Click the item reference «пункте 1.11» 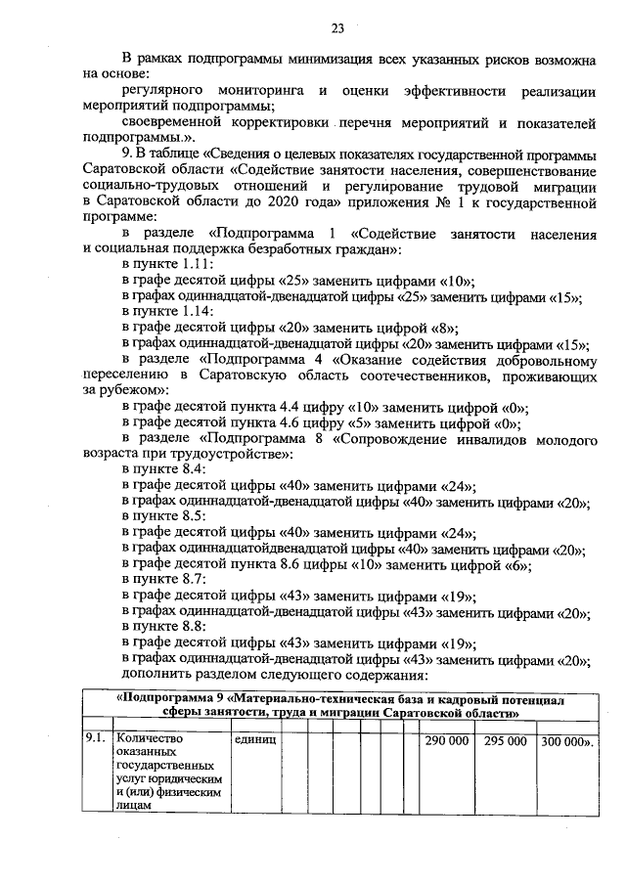click(x=162, y=265)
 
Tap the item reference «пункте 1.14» click(x=162, y=312)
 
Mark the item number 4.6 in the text click(x=302, y=423)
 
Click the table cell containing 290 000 click(x=446, y=741)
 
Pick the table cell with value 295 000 click(x=505, y=741)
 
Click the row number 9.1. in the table click(x=95, y=741)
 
